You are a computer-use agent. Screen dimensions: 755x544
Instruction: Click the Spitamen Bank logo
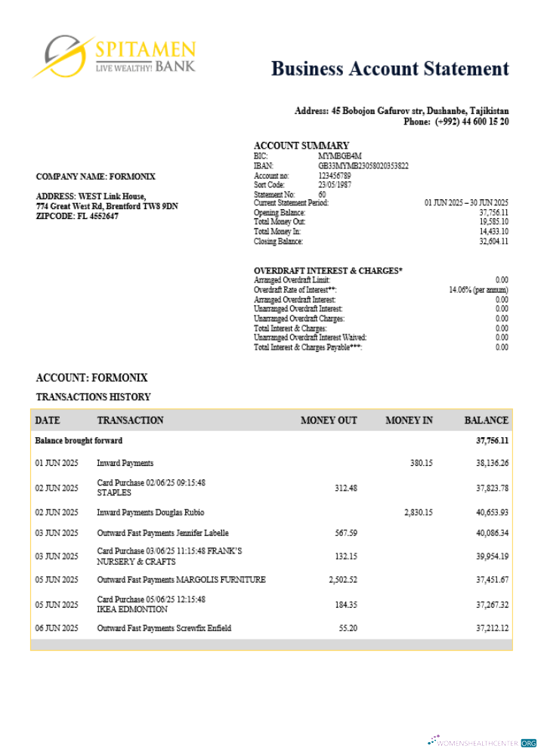click(x=113, y=56)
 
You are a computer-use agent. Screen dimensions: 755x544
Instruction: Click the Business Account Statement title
click(x=390, y=69)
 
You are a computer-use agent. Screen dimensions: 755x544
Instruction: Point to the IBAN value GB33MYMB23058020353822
click(x=363, y=165)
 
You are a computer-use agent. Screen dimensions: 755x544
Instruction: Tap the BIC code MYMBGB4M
click(x=335, y=156)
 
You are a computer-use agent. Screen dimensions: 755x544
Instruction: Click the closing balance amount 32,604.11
click(x=493, y=242)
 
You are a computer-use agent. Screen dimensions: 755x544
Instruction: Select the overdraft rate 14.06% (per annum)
click(x=478, y=290)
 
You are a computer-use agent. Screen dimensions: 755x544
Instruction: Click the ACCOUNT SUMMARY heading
click(x=301, y=146)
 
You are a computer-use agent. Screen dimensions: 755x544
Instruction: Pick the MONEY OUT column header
click(x=329, y=421)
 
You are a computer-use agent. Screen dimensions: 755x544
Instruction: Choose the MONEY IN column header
click(x=409, y=421)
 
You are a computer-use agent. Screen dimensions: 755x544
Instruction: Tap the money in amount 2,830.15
click(x=419, y=513)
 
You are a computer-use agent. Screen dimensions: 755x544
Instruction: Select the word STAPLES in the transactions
click(x=114, y=493)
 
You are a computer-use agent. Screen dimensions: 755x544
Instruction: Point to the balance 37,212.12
click(x=492, y=628)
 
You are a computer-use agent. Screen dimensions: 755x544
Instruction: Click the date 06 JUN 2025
click(x=57, y=628)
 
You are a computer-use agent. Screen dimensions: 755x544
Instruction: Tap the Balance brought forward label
click(x=79, y=440)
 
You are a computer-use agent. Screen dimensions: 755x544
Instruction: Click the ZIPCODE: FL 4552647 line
click(x=77, y=216)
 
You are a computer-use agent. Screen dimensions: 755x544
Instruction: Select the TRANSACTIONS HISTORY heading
click(x=93, y=397)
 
